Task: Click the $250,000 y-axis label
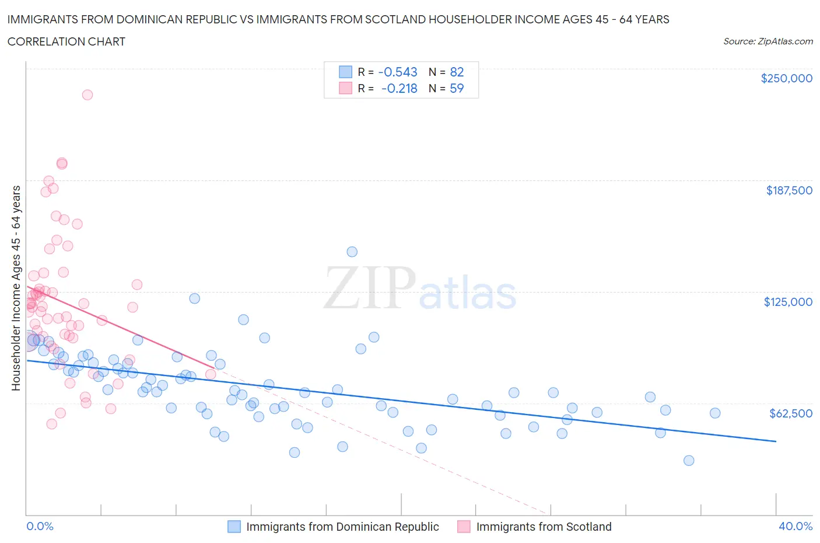click(786, 79)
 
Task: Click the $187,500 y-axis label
click(789, 190)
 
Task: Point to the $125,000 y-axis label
click(788, 302)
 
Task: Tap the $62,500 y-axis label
click(790, 413)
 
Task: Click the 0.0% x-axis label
click(40, 526)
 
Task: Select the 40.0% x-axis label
click(796, 526)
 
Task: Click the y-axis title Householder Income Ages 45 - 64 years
click(16, 288)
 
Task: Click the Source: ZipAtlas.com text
click(768, 41)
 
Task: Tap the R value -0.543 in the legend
click(398, 72)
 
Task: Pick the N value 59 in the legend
click(457, 88)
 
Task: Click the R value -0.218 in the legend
click(399, 88)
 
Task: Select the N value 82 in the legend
click(457, 72)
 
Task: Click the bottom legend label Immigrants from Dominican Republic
click(342, 527)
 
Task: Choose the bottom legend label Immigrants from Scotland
click(544, 527)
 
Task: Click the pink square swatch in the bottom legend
click(464, 527)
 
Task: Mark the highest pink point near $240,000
click(87, 95)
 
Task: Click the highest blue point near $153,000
click(352, 252)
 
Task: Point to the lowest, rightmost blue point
click(689, 461)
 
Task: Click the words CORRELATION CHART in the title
click(66, 41)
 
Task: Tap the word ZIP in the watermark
click(370, 287)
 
